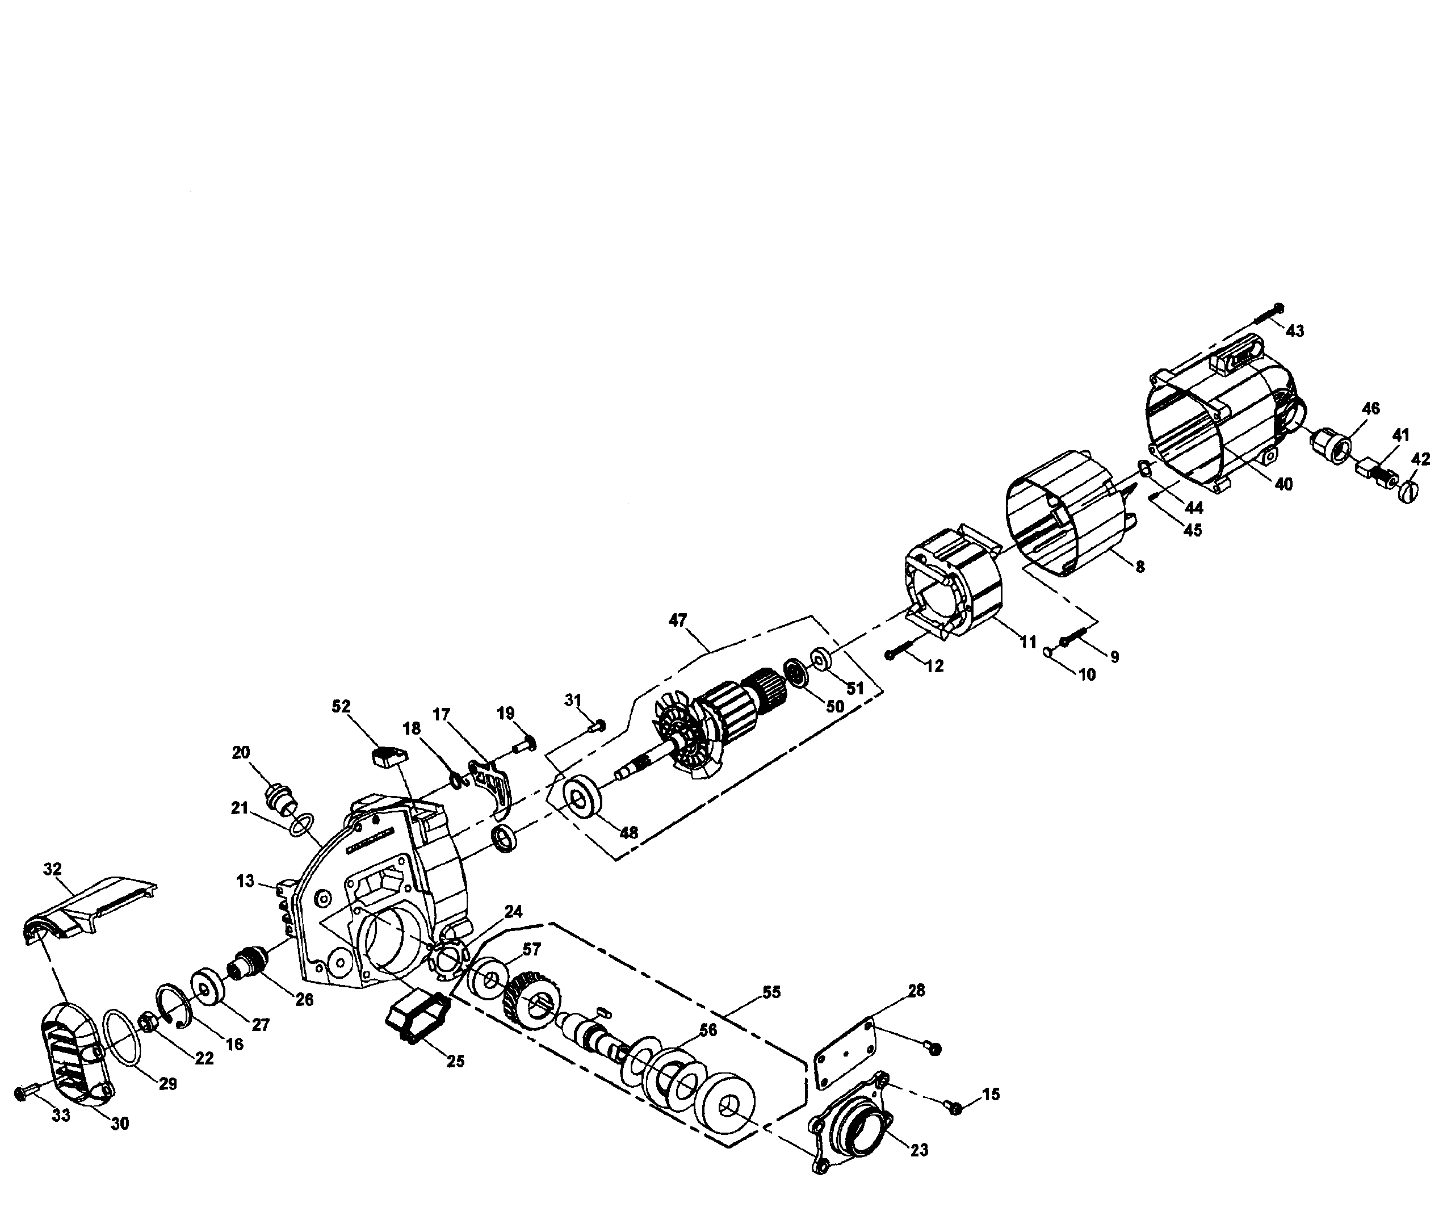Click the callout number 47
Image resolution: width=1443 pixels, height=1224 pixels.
[x=677, y=619]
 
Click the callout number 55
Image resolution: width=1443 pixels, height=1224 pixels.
[x=771, y=992]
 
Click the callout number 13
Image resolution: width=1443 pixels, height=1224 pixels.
[x=245, y=881]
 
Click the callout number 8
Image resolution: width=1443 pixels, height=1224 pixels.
[x=1140, y=566]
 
